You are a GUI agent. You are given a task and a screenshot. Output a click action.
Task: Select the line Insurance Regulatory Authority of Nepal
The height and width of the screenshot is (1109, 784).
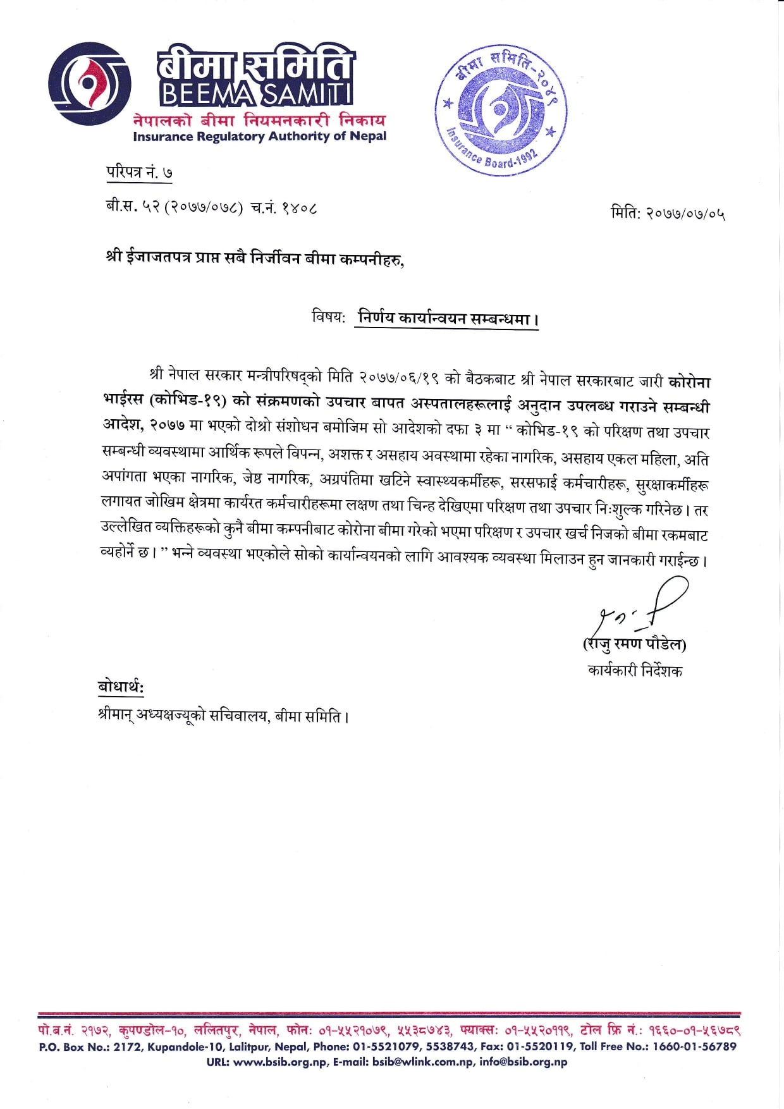point(259,136)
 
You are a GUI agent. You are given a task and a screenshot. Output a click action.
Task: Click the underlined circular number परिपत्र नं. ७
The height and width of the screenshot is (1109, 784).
point(138,173)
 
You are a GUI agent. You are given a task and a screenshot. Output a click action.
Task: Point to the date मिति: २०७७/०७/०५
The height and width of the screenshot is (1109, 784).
point(667,214)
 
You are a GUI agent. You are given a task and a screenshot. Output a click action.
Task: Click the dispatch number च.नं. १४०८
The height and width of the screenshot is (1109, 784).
point(284,207)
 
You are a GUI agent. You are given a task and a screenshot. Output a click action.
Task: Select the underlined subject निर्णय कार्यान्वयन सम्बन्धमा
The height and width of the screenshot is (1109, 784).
point(447,318)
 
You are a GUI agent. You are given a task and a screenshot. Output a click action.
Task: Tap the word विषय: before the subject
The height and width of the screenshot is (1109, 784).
point(328,316)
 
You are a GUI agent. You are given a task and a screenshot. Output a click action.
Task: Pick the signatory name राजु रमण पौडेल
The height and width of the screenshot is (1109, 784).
point(634,644)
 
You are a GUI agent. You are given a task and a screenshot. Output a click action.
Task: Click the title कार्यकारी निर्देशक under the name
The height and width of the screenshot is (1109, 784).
point(634,670)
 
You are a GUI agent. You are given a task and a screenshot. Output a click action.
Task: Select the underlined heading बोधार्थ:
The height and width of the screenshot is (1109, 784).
point(121,687)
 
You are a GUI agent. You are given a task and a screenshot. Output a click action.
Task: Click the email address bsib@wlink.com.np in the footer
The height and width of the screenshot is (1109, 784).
point(423,1062)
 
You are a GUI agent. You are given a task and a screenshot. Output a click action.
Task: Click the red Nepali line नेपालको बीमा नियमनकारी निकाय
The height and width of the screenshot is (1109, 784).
point(259,120)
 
